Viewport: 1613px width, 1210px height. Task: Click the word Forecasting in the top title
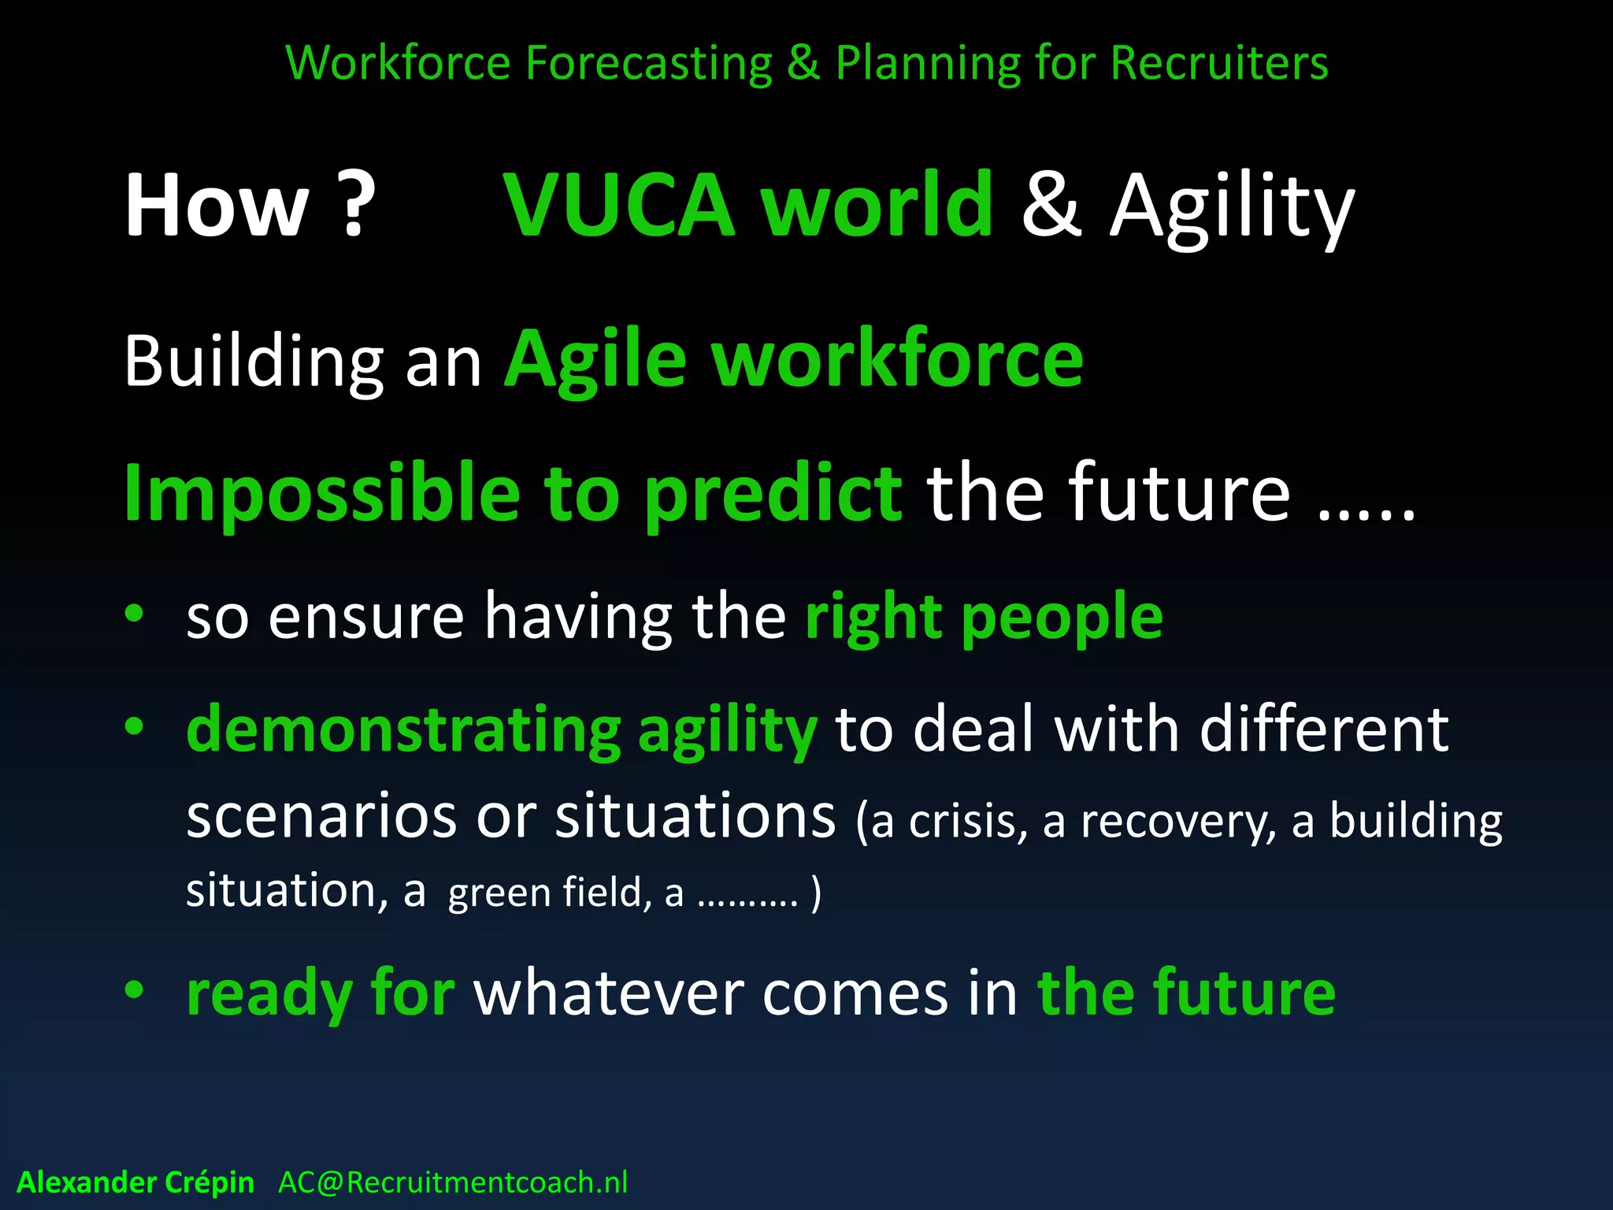648,63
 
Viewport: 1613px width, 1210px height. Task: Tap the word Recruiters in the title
1219,63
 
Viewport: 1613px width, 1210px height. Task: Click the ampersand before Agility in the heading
1051,205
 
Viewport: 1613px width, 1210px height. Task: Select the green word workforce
898,359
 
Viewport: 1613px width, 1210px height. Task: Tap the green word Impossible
321,495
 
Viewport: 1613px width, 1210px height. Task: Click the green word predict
773,495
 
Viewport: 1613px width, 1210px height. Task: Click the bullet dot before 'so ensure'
134,614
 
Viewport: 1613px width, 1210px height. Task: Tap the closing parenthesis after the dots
816,893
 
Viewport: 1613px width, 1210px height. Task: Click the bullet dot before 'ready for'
134,990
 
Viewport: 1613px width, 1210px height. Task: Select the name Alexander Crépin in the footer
135,1182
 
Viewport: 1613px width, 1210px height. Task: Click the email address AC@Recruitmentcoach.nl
453,1182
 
